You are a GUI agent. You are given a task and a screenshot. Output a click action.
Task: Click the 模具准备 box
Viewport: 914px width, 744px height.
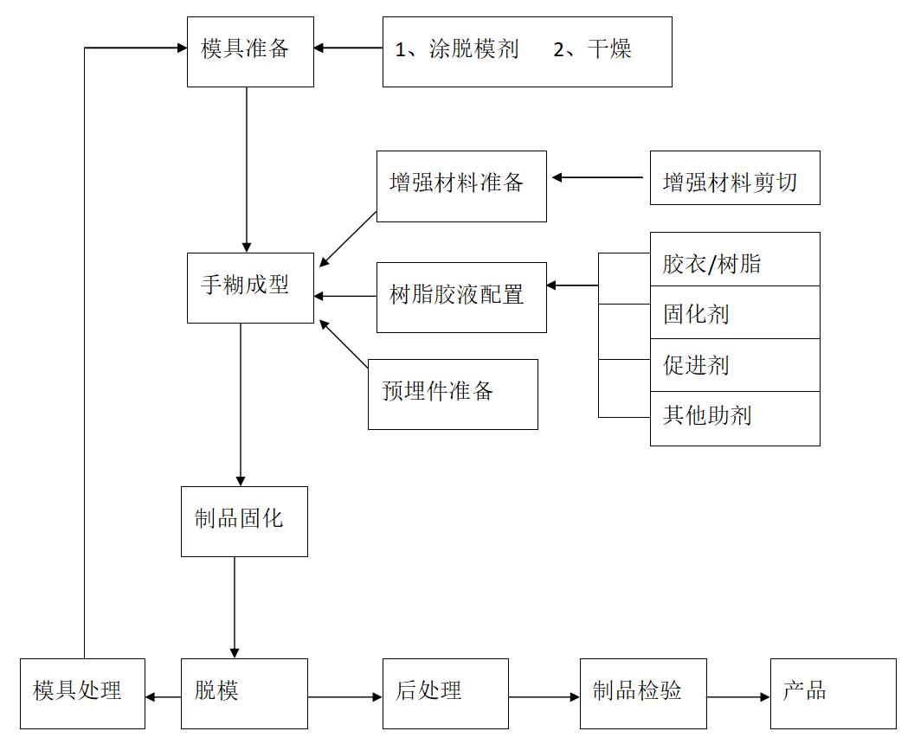point(250,50)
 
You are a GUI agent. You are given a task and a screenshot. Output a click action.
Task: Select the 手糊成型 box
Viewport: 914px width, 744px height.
point(250,287)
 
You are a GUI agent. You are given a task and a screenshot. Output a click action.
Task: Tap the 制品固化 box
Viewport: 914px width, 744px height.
point(244,521)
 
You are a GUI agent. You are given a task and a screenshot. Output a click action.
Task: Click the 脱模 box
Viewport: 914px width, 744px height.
point(244,693)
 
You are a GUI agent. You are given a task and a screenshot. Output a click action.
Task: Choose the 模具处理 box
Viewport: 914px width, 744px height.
point(82,693)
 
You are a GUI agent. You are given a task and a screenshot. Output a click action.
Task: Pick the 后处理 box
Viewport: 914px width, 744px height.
point(446,693)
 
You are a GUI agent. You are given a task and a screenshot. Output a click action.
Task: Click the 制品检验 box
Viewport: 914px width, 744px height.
point(643,693)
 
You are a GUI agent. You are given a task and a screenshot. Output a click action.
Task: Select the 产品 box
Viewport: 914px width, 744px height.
point(833,693)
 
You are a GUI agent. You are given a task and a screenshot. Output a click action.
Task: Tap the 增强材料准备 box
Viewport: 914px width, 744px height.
point(461,186)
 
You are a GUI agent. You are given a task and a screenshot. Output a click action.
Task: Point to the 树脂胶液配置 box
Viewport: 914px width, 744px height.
point(461,297)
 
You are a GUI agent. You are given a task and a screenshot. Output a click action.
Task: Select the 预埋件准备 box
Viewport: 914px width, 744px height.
point(453,394)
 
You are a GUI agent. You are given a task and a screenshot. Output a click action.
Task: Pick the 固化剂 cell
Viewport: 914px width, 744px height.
point(735,312)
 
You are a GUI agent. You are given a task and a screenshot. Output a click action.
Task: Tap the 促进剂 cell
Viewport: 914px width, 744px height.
point(735,365)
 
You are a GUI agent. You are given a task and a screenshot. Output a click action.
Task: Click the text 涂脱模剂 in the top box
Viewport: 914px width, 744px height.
point(473,49)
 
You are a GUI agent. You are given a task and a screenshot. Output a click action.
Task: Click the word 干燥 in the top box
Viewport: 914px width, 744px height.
point(609,49)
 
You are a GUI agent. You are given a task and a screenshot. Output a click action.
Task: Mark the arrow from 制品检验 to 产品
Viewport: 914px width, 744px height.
point(738,696)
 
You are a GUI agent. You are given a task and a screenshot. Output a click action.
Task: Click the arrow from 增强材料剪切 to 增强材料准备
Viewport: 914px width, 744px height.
point(598,177)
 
